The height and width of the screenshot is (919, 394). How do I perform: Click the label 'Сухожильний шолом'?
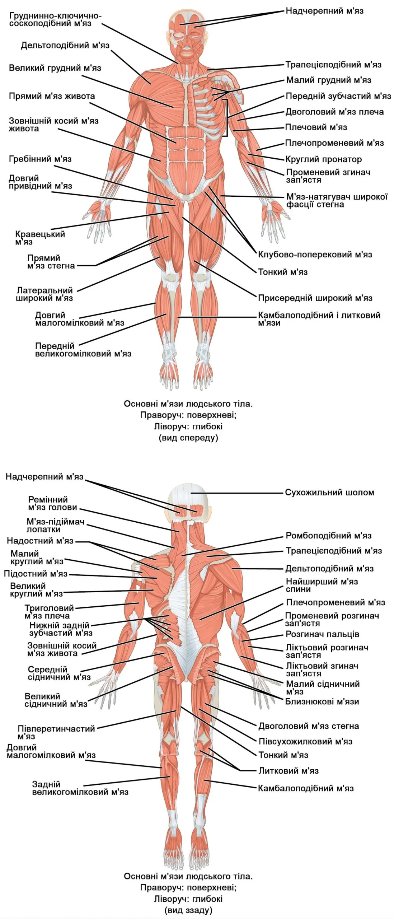329,492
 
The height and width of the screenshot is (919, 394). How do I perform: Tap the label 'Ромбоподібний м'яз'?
328,536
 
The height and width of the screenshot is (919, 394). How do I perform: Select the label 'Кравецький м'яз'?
40,238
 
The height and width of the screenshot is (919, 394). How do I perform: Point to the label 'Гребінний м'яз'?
40,159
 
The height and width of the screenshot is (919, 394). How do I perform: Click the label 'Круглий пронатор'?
323,159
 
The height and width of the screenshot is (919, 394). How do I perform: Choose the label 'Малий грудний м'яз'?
328,80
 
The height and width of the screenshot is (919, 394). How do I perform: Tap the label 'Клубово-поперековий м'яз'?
315,255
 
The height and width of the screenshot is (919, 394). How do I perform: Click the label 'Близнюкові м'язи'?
322,701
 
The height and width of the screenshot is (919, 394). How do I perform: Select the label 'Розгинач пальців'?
322,634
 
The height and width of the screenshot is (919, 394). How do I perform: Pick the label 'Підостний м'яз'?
36,574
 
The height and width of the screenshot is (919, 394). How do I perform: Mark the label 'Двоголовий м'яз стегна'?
309,726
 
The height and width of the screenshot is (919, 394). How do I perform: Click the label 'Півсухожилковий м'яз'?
305,741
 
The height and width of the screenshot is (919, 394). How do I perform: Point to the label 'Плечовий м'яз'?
316,127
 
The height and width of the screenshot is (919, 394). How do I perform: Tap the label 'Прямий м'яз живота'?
52,96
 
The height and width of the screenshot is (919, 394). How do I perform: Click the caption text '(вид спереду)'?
188,438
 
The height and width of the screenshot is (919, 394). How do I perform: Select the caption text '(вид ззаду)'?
188,910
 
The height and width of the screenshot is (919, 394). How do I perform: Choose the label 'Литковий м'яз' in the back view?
289,771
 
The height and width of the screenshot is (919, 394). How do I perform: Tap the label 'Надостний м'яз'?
40,541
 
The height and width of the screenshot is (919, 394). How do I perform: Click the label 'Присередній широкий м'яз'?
315,298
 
